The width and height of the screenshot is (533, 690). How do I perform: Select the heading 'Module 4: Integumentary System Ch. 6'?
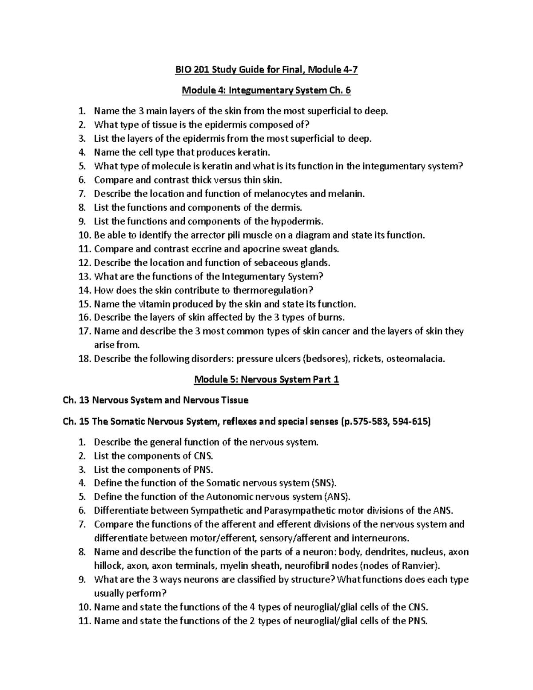tap(266, 91)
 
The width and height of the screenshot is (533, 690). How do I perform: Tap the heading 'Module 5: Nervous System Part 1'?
tap(266, 380)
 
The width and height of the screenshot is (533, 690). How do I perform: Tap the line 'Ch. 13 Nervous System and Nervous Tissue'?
tap(156, 400)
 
